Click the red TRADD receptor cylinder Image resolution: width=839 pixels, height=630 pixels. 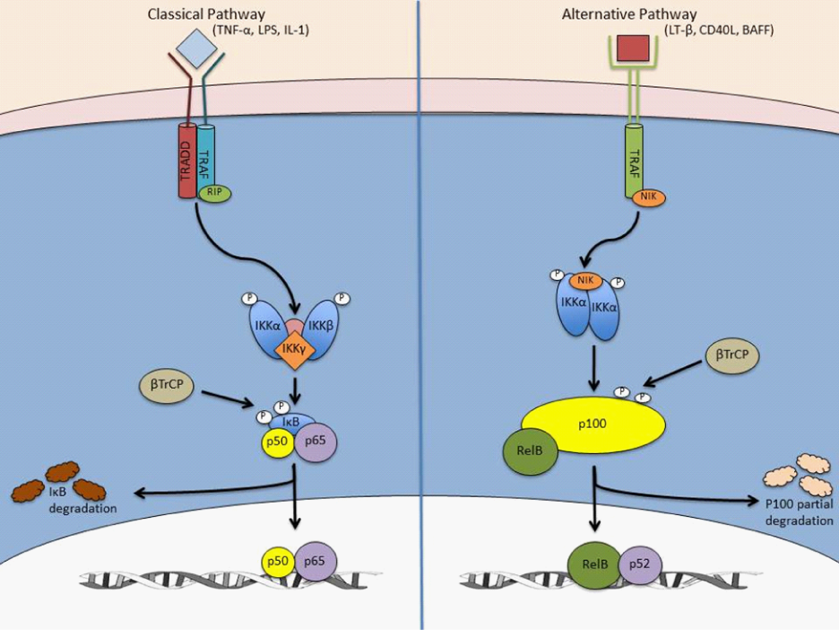pyautogui.click(x=186, y=160)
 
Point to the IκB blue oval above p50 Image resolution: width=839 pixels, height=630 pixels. pyautogui.click(x=294, y=421)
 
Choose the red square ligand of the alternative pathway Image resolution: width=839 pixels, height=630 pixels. pyautogui.click(x=634, y=48)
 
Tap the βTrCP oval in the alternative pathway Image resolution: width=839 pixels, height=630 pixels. pyautogui.click(x=732, y=355)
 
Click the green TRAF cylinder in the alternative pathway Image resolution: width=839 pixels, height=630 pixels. pyautogui.click(x=633, y=162)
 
